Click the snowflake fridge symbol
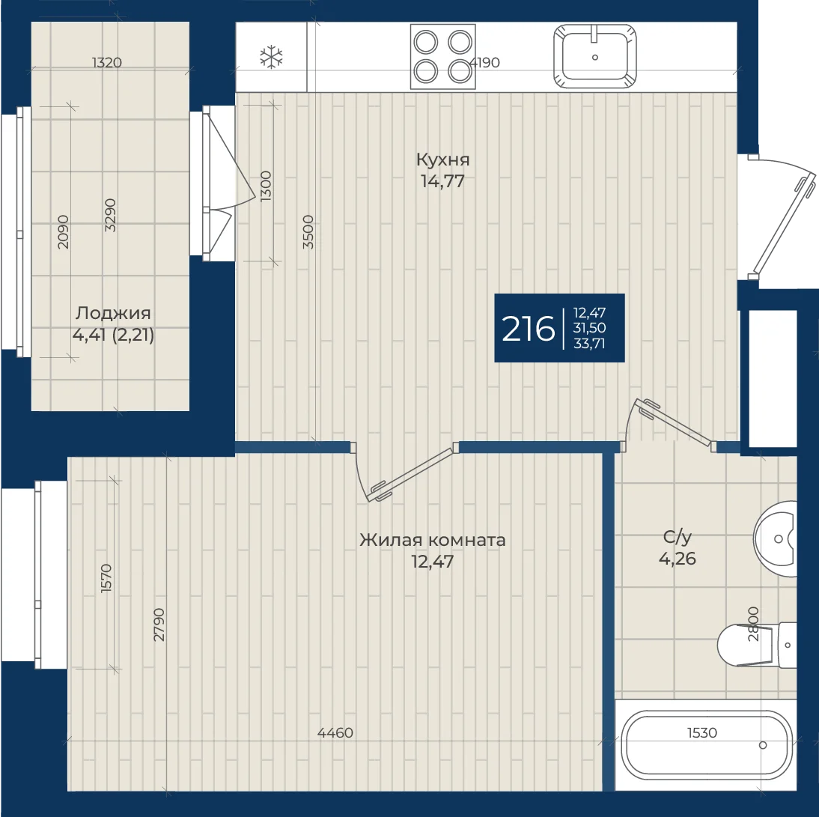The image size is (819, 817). [x=271, y=57]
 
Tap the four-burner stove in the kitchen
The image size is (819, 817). [x=443, y=56]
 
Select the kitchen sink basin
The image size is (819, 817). [x=595, y=56]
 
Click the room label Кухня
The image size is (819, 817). [x=443, y=160]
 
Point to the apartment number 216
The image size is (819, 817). [x=528, y=329]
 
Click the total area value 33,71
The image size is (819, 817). [x=589, y=344]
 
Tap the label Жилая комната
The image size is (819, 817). [x=433, y=540]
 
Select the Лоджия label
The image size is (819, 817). [x=113, y=313]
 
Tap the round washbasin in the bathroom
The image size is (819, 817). [x=775, y=539]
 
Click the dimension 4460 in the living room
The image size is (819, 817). [x=335, y=733]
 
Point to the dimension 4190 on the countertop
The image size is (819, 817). [x=484, y=63]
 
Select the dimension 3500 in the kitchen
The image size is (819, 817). [x=308, y=232]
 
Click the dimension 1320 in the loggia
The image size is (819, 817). [x=107, y=63]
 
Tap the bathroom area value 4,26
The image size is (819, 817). [x=678, y=559]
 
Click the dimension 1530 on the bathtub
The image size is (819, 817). [x=702, y=733]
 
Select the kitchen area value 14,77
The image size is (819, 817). [x=443, y=181]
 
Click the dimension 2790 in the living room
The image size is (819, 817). [x=159, y=625]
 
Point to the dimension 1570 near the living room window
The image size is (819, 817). [x=106, y=578]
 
